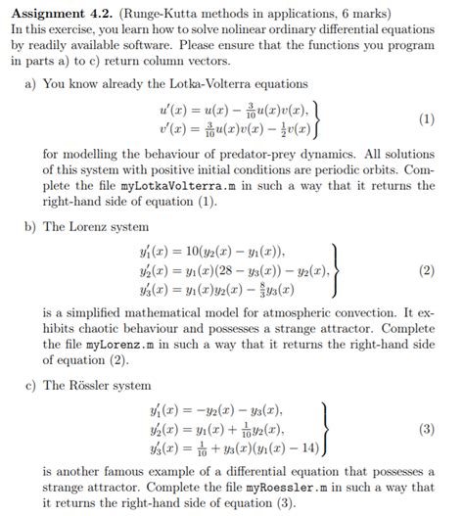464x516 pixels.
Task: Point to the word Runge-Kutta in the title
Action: click(x=157, y=12)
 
